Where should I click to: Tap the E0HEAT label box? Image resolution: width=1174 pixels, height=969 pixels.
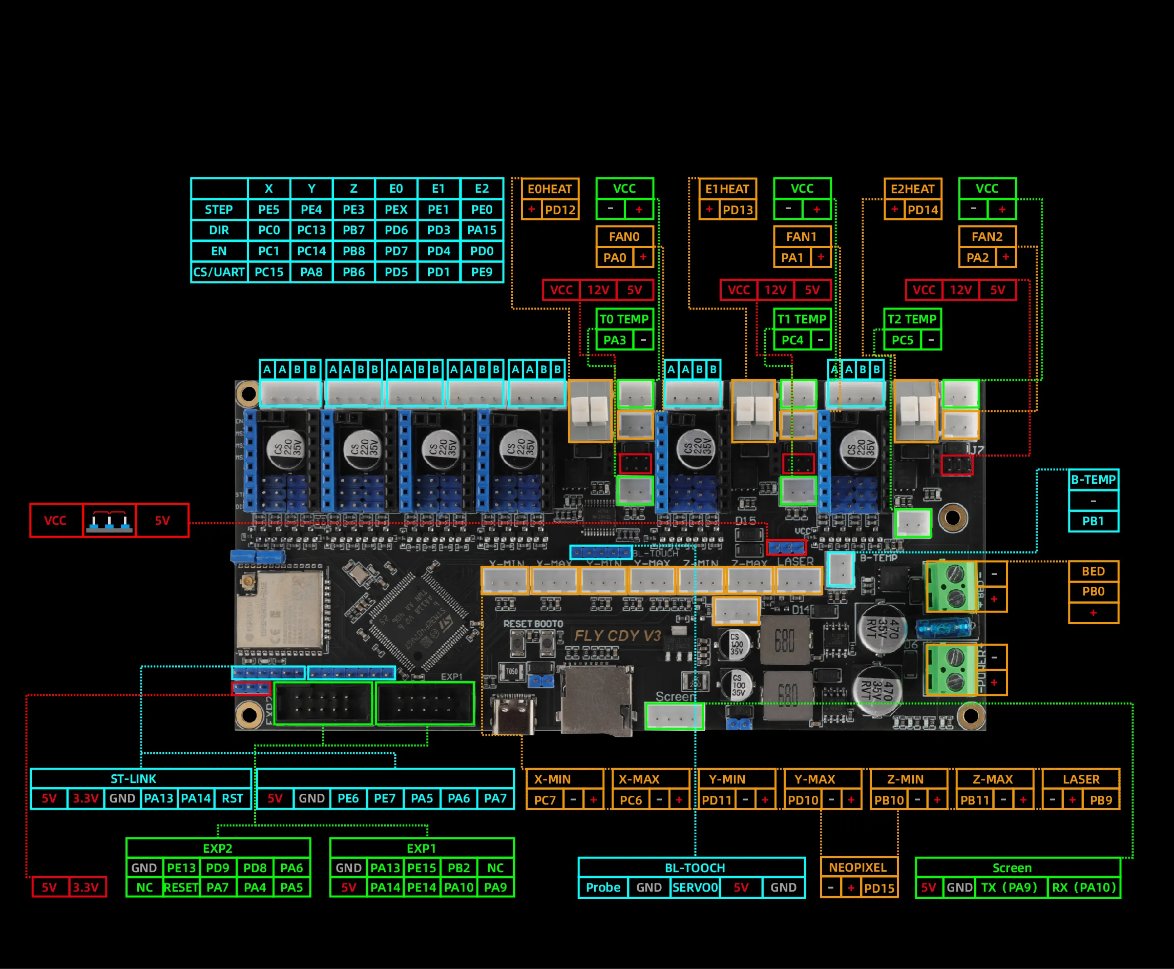tap(550, 189)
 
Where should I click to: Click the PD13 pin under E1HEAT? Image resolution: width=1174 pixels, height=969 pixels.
tap(738, 211)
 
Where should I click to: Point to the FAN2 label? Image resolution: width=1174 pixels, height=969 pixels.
tap(987, 237)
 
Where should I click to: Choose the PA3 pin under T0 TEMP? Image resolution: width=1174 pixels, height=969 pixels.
tap(614, 340)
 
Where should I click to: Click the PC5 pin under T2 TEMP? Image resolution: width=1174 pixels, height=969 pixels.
tap(902, 340)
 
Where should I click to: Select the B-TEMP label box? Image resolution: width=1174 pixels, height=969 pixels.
tap(1093, 480)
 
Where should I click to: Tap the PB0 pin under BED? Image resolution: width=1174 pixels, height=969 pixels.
tap(1093, 592)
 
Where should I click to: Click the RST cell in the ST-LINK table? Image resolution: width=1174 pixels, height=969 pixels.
tap(232, 799)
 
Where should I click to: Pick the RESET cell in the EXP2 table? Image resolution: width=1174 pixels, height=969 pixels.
tap(181, 888)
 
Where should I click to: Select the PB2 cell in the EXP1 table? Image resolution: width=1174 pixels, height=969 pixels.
tap(458, 868)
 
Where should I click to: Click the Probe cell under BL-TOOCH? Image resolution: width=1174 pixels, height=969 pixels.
tap(603, 888)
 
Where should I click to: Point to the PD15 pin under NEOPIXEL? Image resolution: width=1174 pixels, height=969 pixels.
tap(879, 888)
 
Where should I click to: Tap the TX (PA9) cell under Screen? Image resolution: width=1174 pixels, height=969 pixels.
tap(1011, 888)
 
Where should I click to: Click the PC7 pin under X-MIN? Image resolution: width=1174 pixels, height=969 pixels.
tap(544, 800)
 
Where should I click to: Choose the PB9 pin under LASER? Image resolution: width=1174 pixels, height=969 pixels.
tap(1100, 800)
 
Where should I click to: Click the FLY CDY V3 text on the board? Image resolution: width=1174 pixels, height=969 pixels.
tap(617, 636)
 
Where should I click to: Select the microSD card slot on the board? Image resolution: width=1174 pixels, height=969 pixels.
tap(596, 700)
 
